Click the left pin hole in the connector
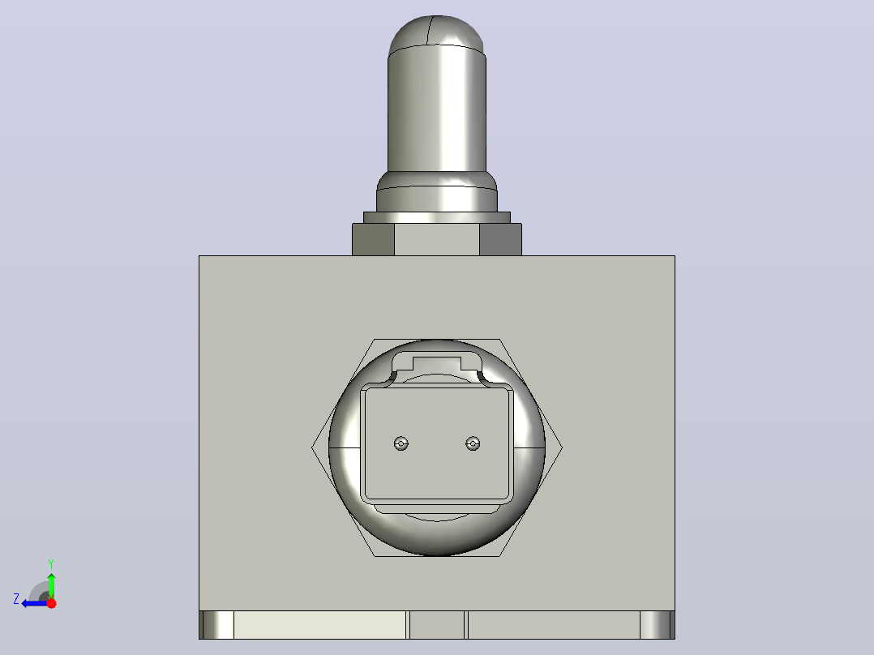(401, 443)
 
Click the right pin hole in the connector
(473, 443)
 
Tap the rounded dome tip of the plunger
(436, 32)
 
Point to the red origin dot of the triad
(51, 603)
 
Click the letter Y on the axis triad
(51, 563)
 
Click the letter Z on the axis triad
(16, 599)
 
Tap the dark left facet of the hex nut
(374, 240)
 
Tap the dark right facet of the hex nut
(500, 240)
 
